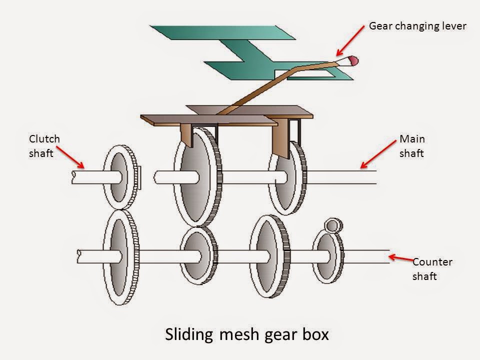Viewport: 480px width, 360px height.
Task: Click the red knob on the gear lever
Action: pos(352,61)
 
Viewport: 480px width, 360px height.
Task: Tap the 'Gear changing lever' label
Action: pos(417,26)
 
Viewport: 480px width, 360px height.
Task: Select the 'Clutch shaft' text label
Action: pos(44,146)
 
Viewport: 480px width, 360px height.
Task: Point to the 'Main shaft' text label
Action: pos(411,146)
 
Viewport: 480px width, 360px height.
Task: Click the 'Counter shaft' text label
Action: pos(432,269)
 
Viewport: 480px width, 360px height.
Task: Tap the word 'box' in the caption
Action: pos(315,334)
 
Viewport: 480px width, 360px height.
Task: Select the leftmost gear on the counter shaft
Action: pos(119,256)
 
